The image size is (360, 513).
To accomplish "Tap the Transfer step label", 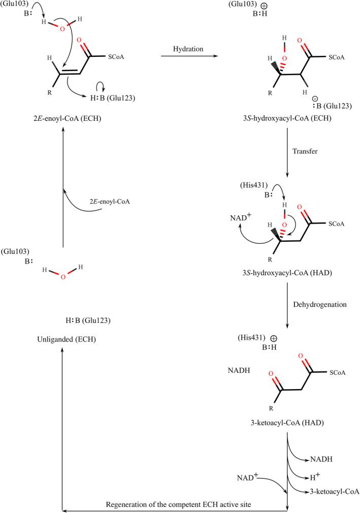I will tap(304, 151).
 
